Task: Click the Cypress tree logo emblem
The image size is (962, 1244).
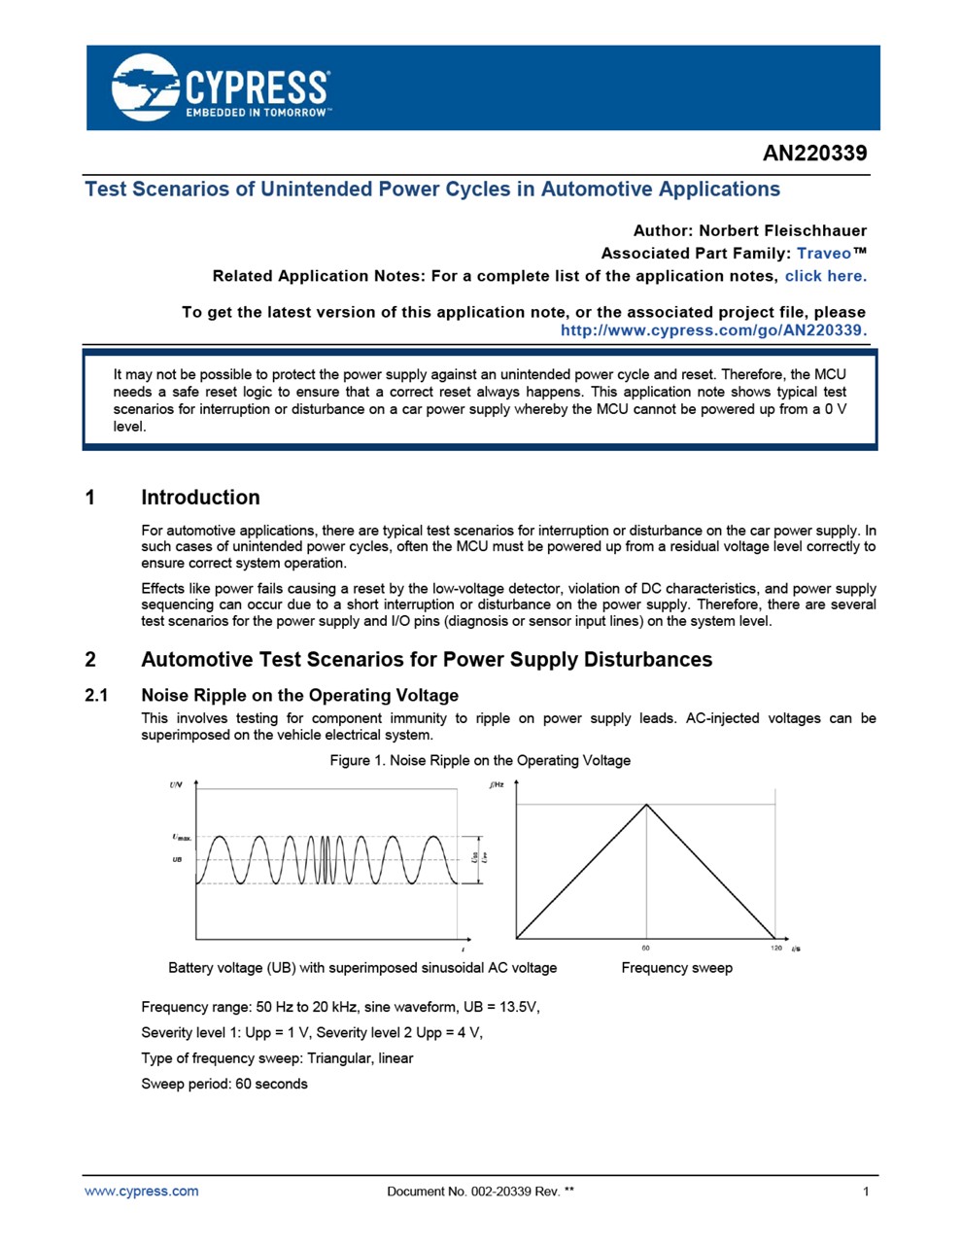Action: pyautogui.click(x=145, y=87)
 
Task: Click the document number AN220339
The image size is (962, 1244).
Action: pyautogui.click(x=814, y=153)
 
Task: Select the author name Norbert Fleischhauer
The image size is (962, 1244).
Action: pyautogui.click(x=782, y=230)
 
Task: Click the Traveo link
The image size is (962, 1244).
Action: pyautogui.click(x=823, y=253)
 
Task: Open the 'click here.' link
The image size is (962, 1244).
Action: pyautogui.click(x=825, y=275)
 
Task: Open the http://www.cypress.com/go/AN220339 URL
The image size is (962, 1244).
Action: pyautogui.click(x=713, y=329)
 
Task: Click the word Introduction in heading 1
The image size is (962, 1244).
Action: pyautogui.click(x=200, y=498)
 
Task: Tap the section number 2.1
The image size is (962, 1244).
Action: pyautogui.click(x=96, y=695)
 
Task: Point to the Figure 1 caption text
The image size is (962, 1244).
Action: pyautogui.click(x=480, y=760)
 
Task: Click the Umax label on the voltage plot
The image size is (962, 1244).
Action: pyautogui.click(x=182, y=837)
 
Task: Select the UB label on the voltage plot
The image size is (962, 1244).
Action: pyautogui.click(x=177, y=860)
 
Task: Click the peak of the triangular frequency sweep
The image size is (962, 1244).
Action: pyautogui.click(x=646, y=804)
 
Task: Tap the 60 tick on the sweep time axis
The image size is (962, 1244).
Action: pyautogui.click(x=646, y=948)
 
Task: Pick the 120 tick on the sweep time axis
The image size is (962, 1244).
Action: pyautogui.click(x=775, y=948)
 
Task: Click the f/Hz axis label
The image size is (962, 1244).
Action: pyautogui.click(x=497, y=784)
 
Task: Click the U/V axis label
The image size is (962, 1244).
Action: pyautogui.click(x=176, y=784)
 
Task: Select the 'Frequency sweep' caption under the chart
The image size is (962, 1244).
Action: pyautogui.click(x=676, y=967)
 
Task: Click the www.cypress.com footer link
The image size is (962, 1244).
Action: pyautogui.click(x=141, y=1191)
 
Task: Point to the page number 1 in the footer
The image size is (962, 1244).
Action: pyautogui.click(x=865, y=1191)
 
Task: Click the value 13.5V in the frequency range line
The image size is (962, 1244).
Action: pyautogui.click(x=515, y=1007)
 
